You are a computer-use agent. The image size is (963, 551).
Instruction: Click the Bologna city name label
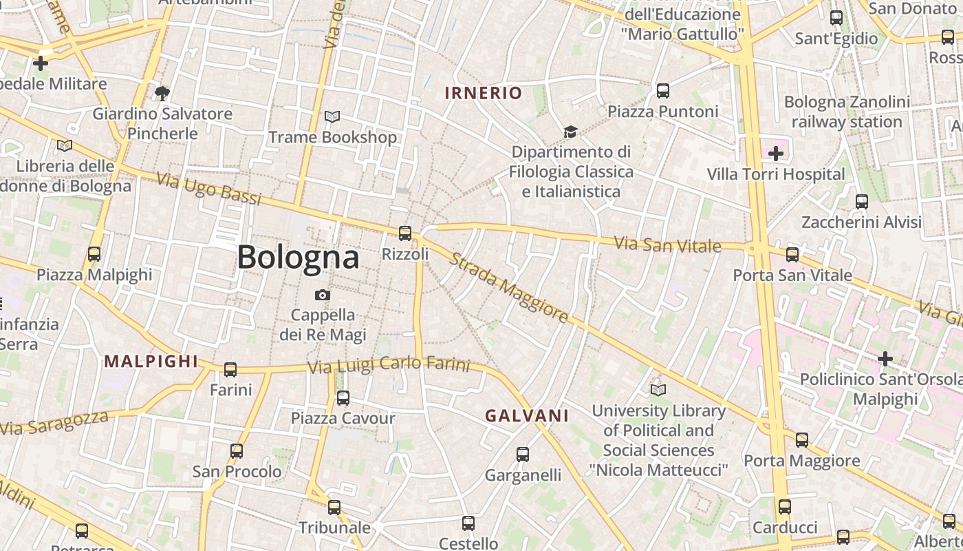298,257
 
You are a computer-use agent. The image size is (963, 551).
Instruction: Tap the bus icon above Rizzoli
405,233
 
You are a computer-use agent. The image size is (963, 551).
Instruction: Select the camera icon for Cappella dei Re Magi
322,295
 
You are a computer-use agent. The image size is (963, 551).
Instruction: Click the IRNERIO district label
484,93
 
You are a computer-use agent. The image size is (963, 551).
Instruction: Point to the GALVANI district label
527,415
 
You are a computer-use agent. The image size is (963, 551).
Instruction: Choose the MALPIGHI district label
151,361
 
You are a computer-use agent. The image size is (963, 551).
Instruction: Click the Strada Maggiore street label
510,288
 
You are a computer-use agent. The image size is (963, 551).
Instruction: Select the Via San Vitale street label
667,245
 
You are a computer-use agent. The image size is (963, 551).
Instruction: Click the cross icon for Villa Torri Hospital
776,153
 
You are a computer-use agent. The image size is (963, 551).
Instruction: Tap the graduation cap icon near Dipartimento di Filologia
570,132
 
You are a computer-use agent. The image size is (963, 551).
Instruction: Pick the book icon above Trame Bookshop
332,117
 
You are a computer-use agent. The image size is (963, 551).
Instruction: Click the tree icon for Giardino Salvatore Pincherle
162,93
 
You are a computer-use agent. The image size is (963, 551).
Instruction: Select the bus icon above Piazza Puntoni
663,90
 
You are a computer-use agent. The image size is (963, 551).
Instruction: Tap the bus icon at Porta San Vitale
792,254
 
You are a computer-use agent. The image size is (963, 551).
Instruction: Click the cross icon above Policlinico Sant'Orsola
885,358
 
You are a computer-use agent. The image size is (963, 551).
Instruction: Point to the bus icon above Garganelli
523,454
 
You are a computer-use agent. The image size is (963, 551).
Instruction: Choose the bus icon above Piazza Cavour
343,397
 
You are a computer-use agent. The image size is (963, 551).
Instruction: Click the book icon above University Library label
658,390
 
